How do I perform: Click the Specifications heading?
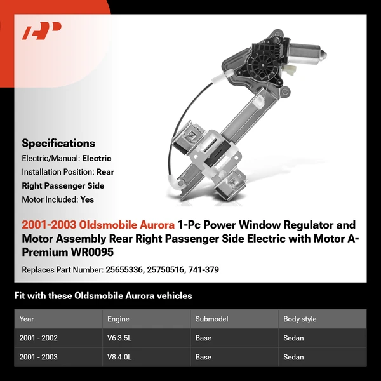coord(58,143)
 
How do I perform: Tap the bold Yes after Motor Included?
coord(88,199)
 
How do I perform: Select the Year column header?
coord(27,319)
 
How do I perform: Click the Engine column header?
coord(119,319)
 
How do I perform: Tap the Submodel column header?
coord(211,319)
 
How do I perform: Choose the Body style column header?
coord(300,319)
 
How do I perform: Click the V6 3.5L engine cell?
coord(120,338)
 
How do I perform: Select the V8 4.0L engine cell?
coord(120,357)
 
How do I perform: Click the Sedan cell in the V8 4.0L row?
coord(293,357)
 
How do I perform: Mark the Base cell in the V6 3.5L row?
coord(204,338)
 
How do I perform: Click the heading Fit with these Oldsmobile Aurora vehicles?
coord(103,296)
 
